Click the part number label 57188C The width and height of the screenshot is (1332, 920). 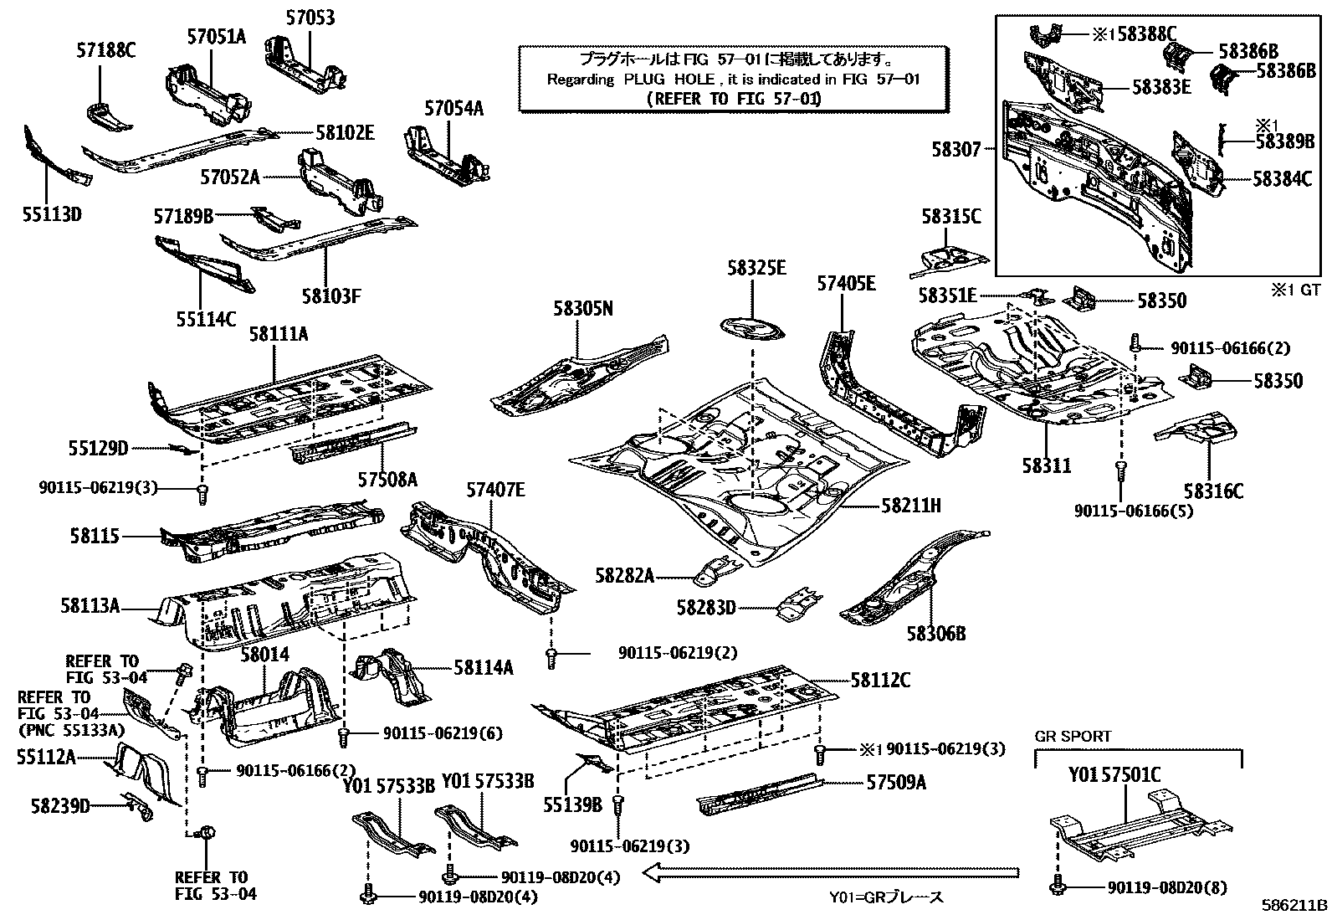coord(105,49)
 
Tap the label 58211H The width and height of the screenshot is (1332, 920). coord(910,506)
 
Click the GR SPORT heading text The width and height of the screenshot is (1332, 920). coord(1073,737)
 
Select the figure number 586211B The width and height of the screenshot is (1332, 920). coord(1295,906)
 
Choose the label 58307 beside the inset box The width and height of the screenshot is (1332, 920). coord(955,149)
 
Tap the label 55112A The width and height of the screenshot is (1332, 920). coord(46,758)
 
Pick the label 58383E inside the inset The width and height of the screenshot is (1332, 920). coord(1161,86)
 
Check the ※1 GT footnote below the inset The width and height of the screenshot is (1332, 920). coord(1295,290)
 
